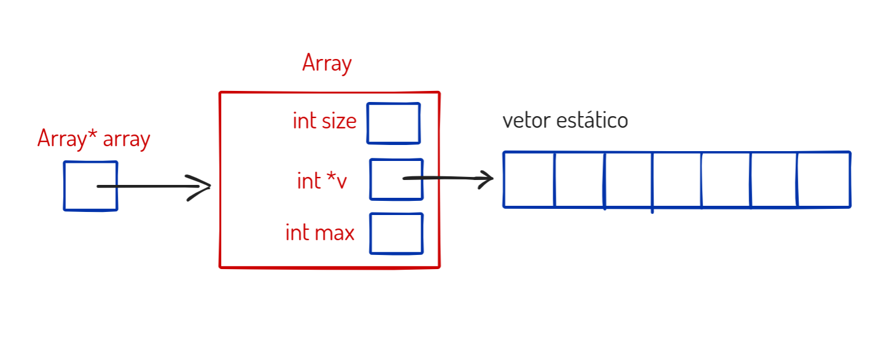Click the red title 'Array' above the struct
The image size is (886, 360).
[327, 64]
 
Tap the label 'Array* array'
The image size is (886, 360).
[93, 139]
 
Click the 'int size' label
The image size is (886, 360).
[324, 121]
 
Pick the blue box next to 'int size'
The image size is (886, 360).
[394, 123]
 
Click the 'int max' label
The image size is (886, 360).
[320, 233]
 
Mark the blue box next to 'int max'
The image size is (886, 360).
[396, 233]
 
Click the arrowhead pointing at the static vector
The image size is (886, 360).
[488, 179]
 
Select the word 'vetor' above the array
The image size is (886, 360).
[526, 120]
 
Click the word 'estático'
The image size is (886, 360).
[592, 120]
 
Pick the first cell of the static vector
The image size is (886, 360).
[529, 179]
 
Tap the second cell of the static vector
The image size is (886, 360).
[580, 179]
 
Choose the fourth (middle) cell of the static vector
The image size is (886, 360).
[677, 179]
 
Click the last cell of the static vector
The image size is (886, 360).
[824, 179]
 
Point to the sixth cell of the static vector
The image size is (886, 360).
[774, 179]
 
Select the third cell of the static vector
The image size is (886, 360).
[629, 179]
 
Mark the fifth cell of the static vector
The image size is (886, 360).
[726, 179]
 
